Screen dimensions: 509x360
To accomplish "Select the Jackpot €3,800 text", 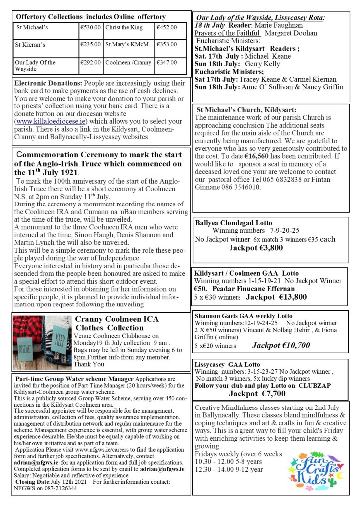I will pyautogui.click(x=256, y=247).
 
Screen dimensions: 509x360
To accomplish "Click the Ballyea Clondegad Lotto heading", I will pyautogui.click(x=234, y=223).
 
